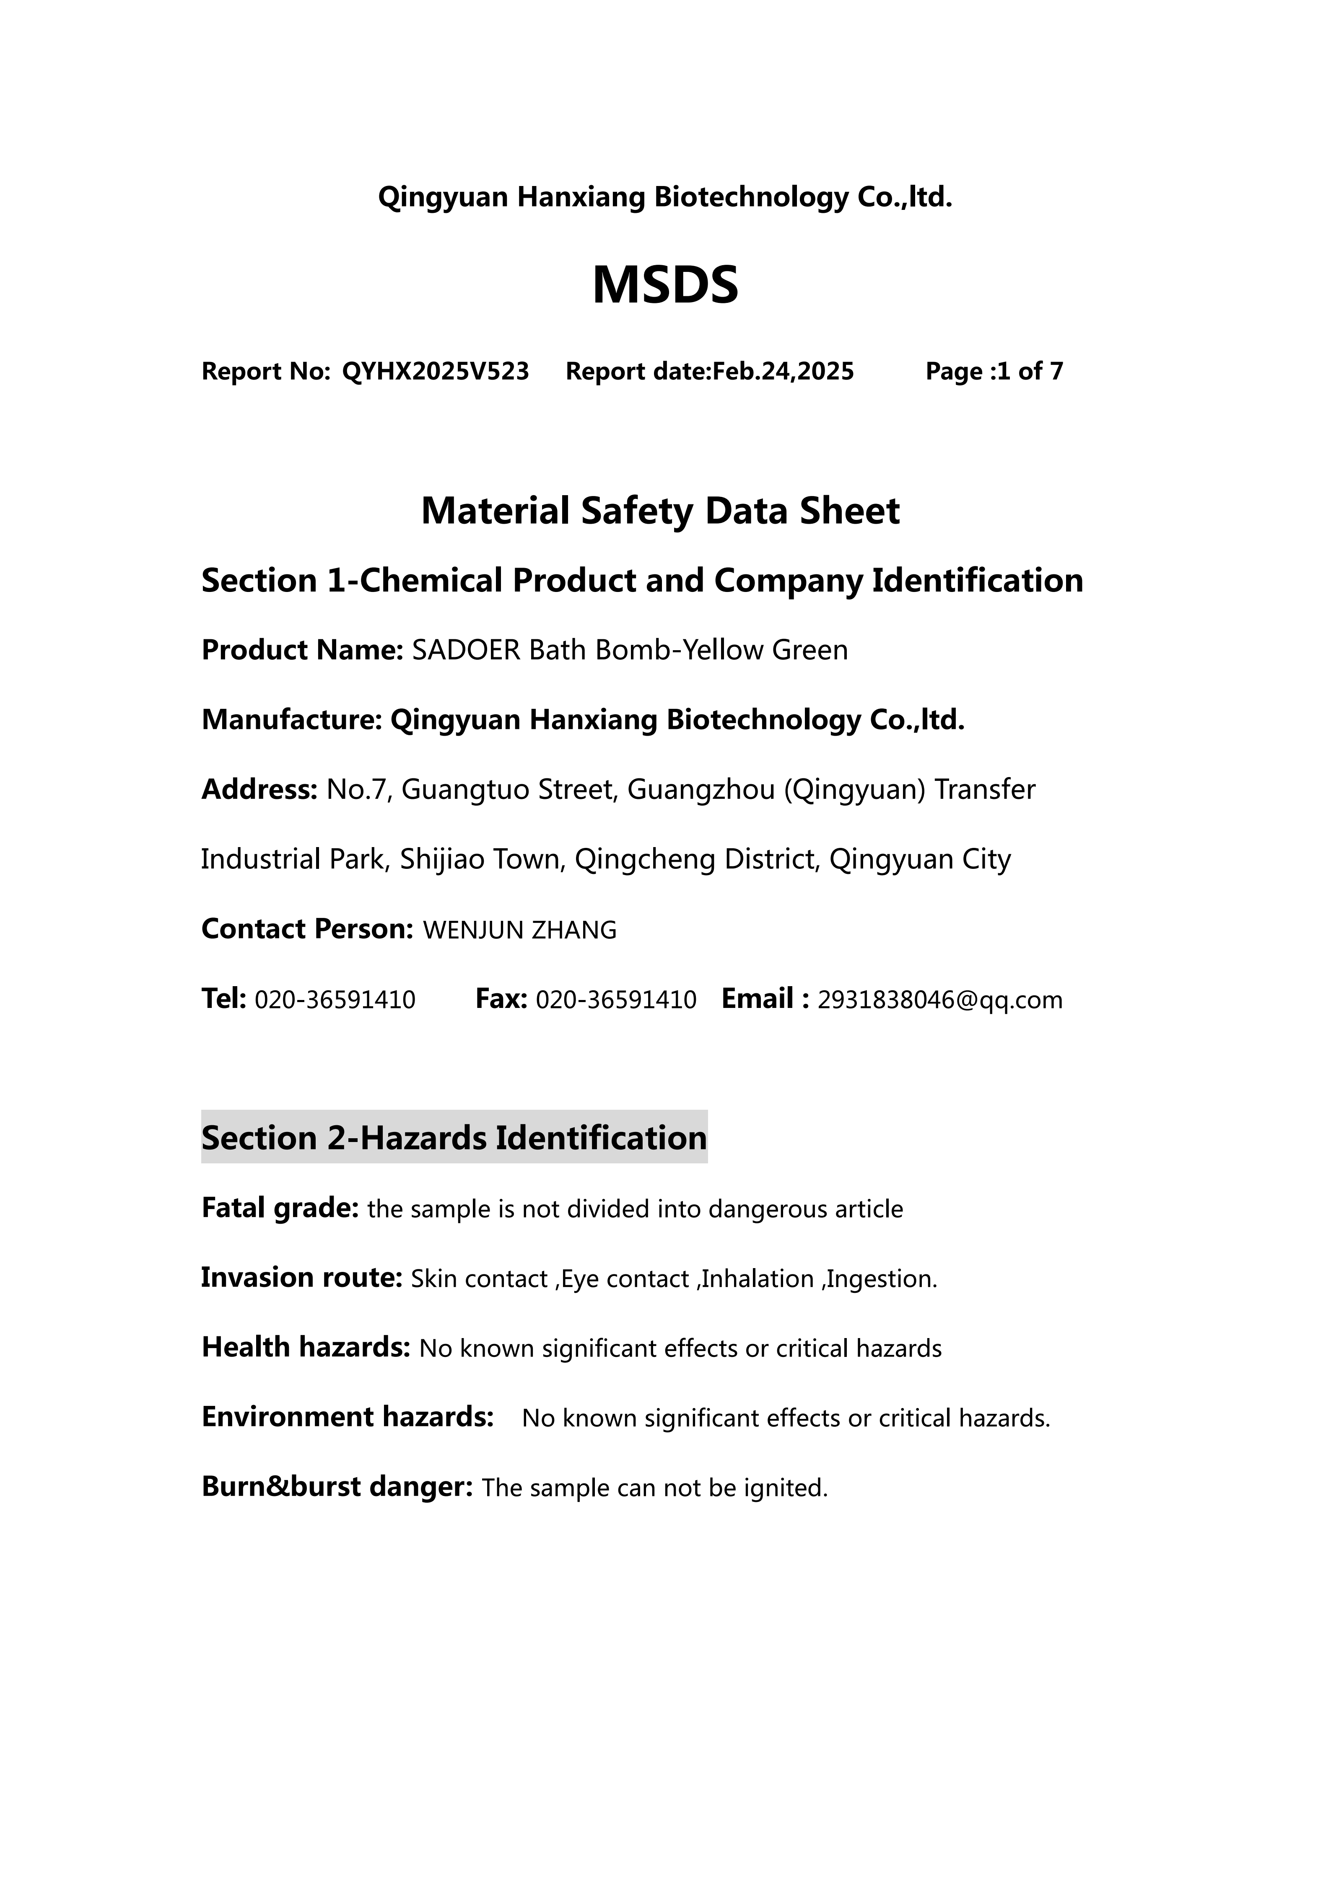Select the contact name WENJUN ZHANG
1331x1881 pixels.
tap(520, 930)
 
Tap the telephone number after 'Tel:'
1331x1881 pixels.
tap(335, 1000)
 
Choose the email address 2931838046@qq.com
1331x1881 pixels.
tap(940, 1000)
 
